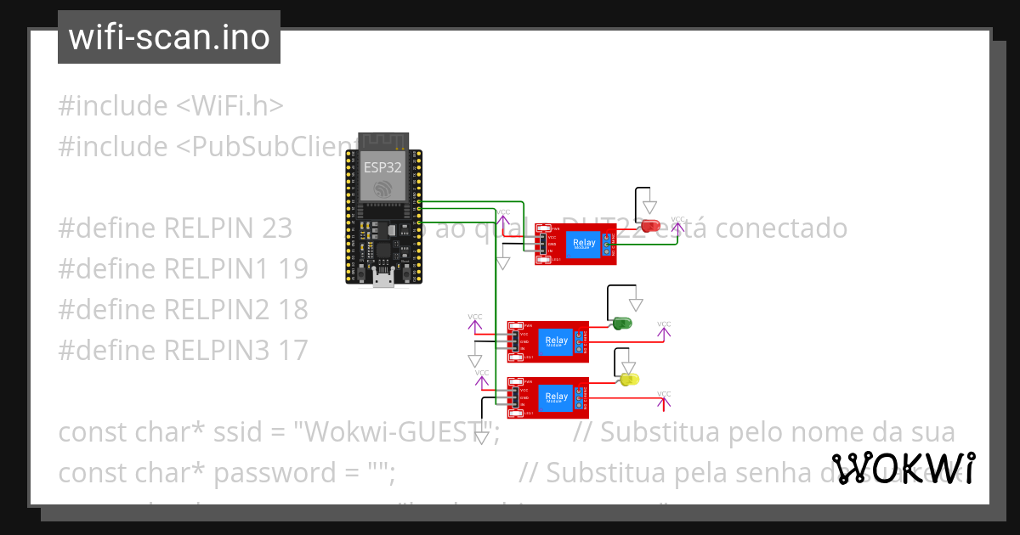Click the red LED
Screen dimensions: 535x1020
pos(651,226)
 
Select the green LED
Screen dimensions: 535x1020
pos(622,324)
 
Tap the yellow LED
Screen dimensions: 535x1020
pos(629,379)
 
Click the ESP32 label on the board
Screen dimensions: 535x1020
pos(382,167)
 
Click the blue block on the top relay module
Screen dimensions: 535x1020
pos(585,244)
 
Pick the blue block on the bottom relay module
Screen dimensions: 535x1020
pos(557,397)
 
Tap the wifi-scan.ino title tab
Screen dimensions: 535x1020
pos(169,37)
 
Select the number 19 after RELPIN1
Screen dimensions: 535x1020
pos(292,269)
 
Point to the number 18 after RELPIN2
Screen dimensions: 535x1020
pos(292,309)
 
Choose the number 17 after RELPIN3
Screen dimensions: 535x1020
pos(292,350)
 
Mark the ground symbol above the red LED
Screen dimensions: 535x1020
pos(650,206)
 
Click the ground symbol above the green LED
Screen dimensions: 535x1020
pos(636,303)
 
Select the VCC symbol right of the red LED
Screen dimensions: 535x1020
pos(677,224)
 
